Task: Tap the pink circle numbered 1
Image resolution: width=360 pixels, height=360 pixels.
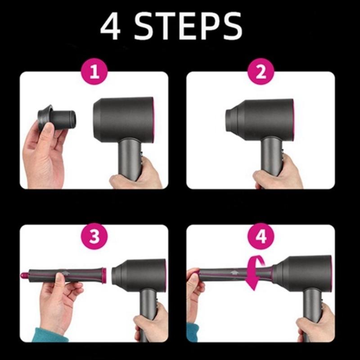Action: (x=94, y=72)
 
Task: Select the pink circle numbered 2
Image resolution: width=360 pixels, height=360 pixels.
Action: (x=261, y=72)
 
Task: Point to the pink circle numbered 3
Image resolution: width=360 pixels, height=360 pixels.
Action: (x=94, y=237)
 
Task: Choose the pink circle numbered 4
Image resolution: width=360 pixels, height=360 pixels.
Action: (x=261, y=237)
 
